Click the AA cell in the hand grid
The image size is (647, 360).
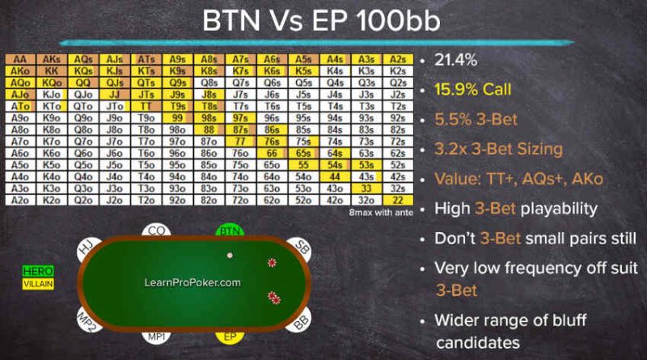20,59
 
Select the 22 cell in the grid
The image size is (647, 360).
398,201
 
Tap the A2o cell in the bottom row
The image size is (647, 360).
20,201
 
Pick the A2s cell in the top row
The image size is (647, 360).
398,59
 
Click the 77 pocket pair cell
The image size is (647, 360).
240,142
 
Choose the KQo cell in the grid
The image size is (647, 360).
52,83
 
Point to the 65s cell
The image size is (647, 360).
303,153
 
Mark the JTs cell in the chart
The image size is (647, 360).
146,95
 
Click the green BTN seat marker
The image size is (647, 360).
230,231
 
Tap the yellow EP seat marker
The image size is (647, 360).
230,337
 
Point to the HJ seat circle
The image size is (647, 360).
88,249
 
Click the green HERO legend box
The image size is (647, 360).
38,271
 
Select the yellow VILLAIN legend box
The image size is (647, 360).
38,284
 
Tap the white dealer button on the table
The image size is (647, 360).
230,256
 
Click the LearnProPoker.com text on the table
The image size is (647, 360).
192,283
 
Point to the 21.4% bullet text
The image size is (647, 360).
455,60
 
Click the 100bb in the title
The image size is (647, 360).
398,21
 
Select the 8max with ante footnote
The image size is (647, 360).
381,213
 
